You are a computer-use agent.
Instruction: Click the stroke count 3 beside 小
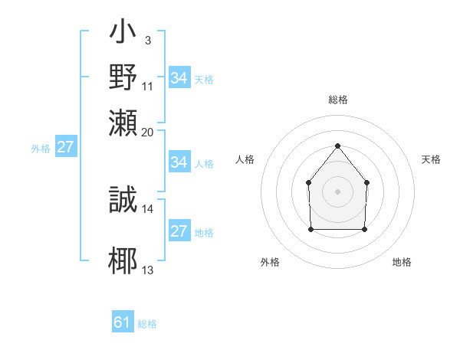point(147,40)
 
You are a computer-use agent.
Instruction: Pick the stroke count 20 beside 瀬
point(148,131)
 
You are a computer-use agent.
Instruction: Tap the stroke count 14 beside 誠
point(148,208)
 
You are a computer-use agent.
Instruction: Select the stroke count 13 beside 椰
point(148,270)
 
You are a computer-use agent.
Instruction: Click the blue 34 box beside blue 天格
point(179,78)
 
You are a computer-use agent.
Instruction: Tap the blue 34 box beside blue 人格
point(179,162)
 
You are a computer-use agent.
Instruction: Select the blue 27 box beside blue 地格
point(179,231)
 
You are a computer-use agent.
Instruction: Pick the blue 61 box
point(123,323)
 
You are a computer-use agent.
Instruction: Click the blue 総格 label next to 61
point(147,325)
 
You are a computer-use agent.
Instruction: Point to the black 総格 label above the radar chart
point(337,100)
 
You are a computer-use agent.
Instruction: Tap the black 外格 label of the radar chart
point(270,262)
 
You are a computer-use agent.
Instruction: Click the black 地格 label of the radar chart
point(402,262)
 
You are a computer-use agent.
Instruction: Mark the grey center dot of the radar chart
point(337,191)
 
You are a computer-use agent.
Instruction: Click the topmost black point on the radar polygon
point(337,146)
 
